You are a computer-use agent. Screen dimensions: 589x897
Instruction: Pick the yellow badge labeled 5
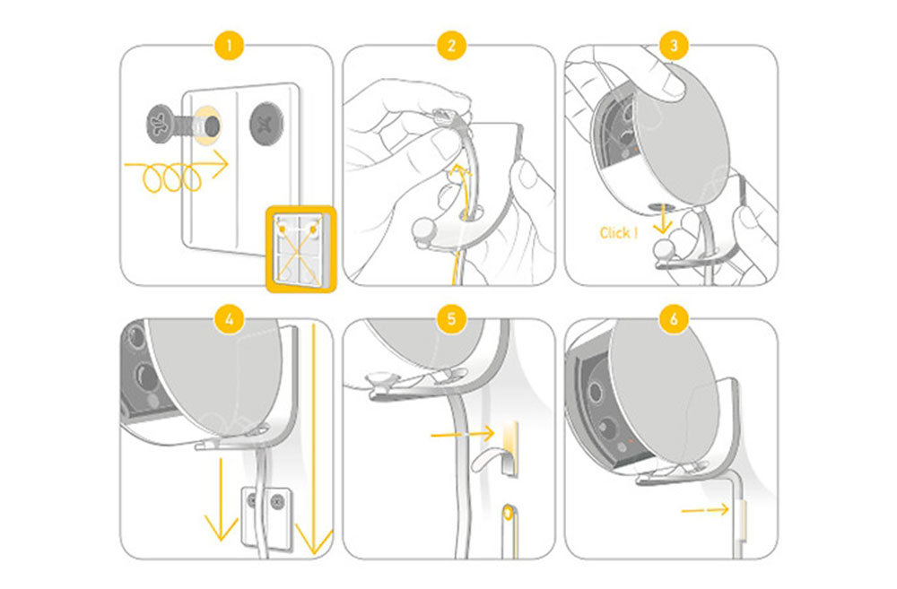[x=448, y=318]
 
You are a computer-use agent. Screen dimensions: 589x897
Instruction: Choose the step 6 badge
[x=670, y=318]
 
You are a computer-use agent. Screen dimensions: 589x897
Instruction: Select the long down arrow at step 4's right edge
[x=314, y=439]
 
